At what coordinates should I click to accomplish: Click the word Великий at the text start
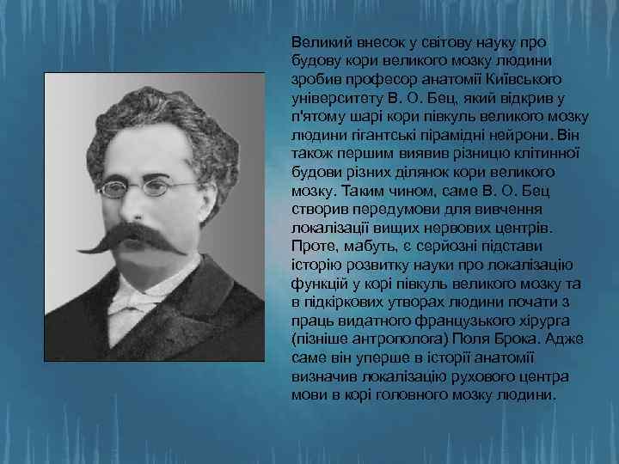click(x=317, y=42)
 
